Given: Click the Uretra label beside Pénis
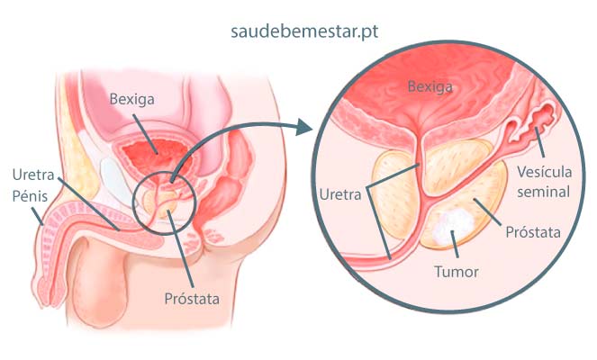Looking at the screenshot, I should [x=32, y=175].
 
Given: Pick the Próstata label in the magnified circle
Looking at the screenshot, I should [x=530, y=231].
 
